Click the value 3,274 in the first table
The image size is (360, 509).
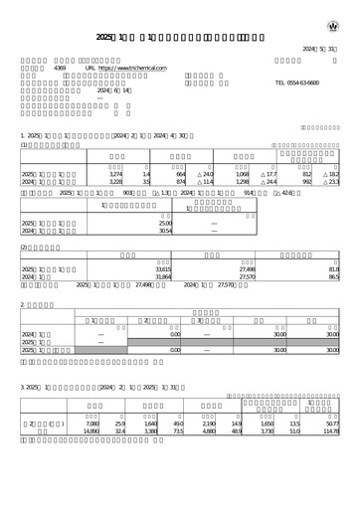coord(115,174)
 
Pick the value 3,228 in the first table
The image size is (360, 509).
coord(115,183)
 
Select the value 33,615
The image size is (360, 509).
coord(165,268)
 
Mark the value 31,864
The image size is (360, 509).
coord(165,277)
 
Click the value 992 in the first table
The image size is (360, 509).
coord(306,183)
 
